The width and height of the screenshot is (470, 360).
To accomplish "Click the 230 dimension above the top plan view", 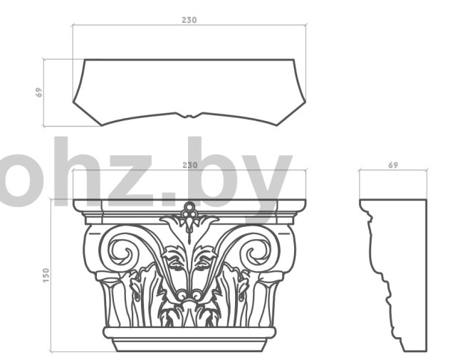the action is (x=189, y=20).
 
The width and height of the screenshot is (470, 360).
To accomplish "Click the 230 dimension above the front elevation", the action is (x=190, y=165).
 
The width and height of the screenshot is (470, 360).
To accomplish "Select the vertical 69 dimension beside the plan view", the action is (x=39, y=92).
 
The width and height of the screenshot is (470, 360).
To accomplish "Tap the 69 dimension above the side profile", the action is (x=393, y=165).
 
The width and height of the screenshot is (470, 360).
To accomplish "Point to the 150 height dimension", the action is (x=46, y=275).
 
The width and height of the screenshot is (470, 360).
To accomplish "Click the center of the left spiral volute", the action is (x=123, y=253).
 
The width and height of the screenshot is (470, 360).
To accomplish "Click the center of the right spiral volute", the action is (x=256, y=253).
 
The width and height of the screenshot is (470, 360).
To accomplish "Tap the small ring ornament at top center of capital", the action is (x=189, y=206).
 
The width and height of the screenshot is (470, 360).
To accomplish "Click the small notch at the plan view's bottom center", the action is (x=189, y=115).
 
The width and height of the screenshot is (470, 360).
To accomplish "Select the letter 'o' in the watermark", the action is (x=18, y=181).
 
